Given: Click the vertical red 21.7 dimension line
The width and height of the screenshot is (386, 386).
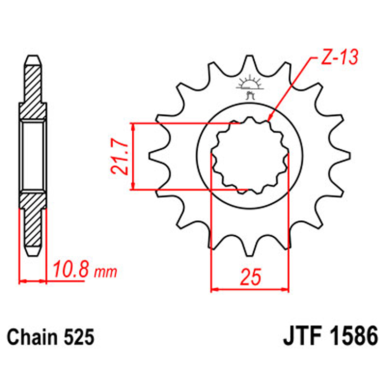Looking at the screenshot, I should click(x=133, y=156).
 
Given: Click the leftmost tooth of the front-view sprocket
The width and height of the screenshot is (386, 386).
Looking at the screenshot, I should click(x=154, y=155).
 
